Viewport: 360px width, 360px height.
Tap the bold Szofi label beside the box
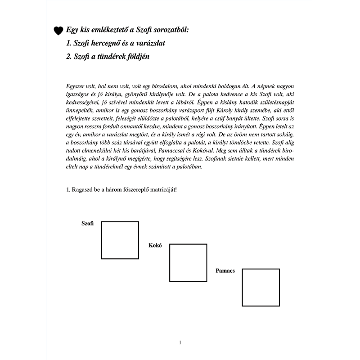pos(87,224)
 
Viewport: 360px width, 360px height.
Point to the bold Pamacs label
pos(226,271)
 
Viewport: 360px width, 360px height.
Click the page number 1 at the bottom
pos(180,343)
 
